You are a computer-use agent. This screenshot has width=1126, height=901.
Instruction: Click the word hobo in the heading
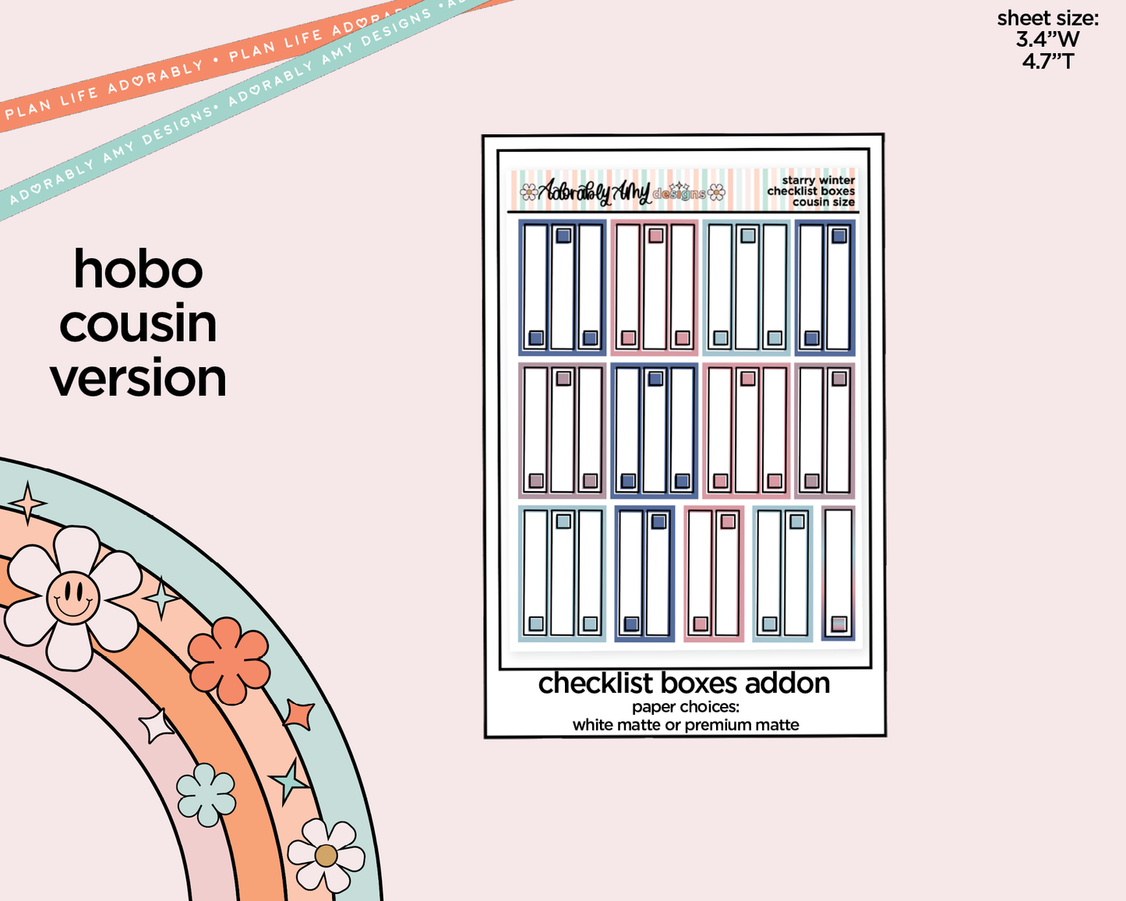pos(138,270)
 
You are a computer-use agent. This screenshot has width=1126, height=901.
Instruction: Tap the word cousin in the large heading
pos(138,324)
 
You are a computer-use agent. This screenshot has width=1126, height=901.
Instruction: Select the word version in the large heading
pos(138,378)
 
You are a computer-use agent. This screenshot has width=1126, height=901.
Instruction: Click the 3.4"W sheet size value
pos(1047,39)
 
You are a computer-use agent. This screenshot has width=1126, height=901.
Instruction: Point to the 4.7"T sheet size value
pos(1047,60)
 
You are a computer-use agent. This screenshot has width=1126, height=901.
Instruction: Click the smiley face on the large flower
pos(72,597)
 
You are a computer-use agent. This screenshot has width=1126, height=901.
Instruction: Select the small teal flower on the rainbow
pos(206,794)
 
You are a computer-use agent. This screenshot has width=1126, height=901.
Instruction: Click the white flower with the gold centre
pos(326,855)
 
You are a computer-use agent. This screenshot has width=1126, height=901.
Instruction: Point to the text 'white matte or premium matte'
pos(686,725)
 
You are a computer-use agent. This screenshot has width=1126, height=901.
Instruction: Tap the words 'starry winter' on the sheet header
pos(818,180)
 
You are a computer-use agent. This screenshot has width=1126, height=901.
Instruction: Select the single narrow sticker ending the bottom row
pos(838,574)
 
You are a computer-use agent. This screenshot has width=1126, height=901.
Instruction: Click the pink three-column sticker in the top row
pos(655,287)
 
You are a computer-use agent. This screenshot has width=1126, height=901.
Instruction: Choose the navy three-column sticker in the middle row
pos(655,429)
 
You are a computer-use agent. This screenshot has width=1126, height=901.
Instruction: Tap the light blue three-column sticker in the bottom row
pos(562,574)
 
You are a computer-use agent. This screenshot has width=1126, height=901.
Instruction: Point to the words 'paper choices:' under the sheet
pos(686,707)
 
